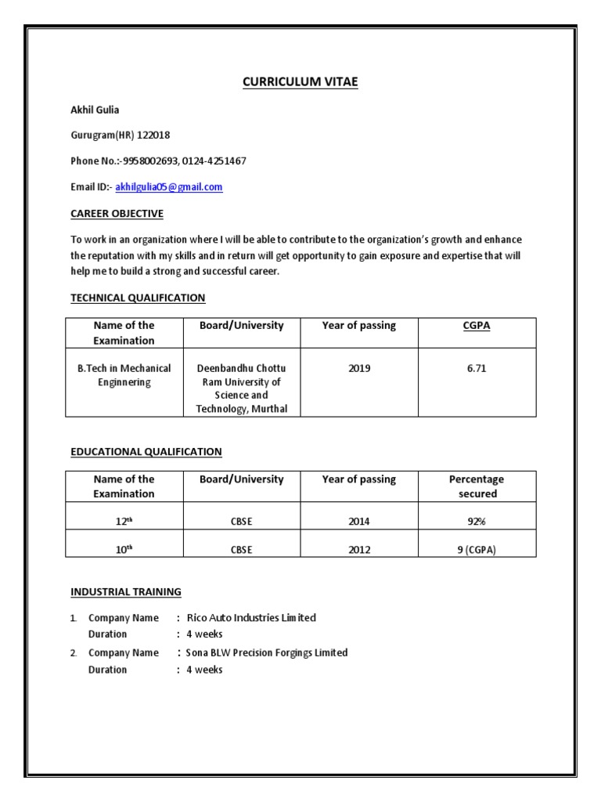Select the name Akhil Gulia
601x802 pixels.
(x=95, y=110)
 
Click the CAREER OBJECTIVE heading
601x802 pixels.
(x=117, y=213)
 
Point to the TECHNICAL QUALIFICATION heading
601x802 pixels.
(x=138, y=298)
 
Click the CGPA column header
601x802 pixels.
(x=477, y=326)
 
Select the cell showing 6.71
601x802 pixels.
(x=477, y=368)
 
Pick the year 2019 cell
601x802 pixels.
(x=359, y=368)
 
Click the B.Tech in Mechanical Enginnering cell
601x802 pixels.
(x=124, y=375)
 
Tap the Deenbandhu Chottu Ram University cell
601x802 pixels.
(x=242, y=388)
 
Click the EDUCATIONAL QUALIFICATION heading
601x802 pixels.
(x=146, y=452)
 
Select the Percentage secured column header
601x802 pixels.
(x=477, y=486)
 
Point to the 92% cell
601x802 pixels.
(x=477, y=522)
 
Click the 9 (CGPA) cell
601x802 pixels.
(x=477, y=550)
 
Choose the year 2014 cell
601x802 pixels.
(x=359, y=522)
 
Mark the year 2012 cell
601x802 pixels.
(x=359, y=550)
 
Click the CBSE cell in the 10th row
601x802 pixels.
(x=241, y=550)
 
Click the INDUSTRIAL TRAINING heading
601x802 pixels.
(x=125, y=591)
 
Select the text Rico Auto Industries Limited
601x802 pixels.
(x=251, y=618)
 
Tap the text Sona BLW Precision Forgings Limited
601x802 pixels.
(x=267, y=652)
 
